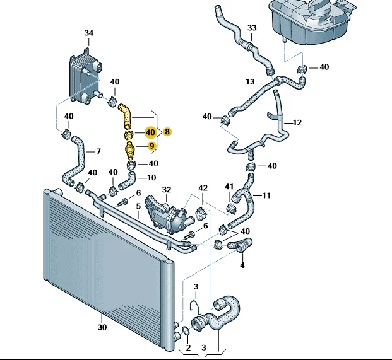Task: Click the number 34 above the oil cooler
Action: point(88,32)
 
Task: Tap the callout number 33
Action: point(252,28)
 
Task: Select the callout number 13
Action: point(249,82)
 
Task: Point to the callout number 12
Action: point(298,122)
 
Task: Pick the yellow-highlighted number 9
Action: point(151,146)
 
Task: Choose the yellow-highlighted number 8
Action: point(167,132)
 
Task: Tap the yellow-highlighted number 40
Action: point(150,132)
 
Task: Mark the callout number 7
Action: point(98,151)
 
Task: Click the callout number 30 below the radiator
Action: point(102,327)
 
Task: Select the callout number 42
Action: point(202,188)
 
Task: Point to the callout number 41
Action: point(229,187)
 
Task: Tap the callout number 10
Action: point(151,178)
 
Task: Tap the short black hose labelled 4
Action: point(242,246)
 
